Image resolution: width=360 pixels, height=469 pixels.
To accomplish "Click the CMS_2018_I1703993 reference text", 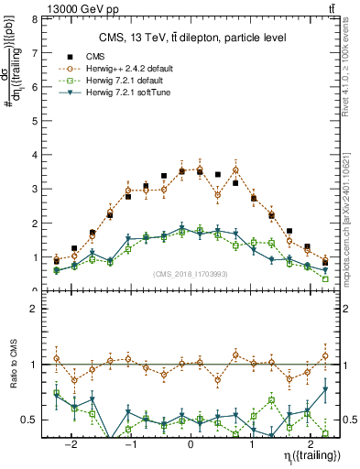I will coord(191,274).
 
